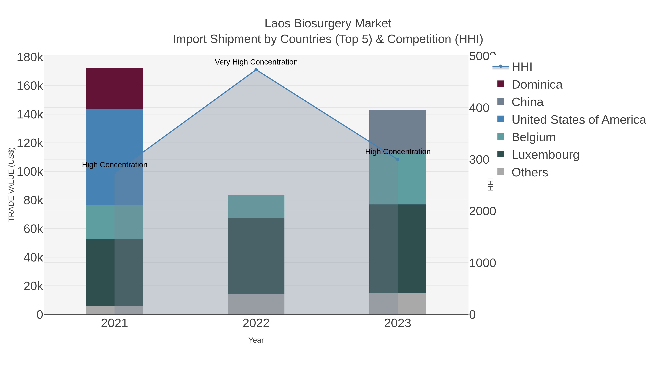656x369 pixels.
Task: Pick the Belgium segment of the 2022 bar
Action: pyautogui.click(x=256, y=206)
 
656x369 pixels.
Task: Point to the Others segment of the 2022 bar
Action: pyautogui.click(x=256, y=304)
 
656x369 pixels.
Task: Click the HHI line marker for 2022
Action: pyautogui.click(x=256, y=70)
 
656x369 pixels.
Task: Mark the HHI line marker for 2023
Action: pyautogui.click(x=398, y=159)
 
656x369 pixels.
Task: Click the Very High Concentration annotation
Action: pyautogui.click(x=256, y=62)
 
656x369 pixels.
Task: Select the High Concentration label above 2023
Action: pyautogui.click(x=398, y=152)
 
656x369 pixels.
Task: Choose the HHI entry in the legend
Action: pyautogui.click(x=522, y=67)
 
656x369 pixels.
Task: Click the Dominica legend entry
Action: pyautogui.click(x=537, y=85)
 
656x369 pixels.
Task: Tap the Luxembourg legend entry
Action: pyautogui.click(x=545, y=155)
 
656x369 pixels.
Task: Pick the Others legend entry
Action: pyautogui.click(x=530, y=172)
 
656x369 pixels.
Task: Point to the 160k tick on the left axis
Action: pyautogui.click(x=30, y=86)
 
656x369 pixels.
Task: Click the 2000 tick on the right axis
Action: pyautogui.click(x=482, y=211)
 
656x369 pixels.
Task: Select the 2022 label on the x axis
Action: pyautogui.click(x=256, y=323)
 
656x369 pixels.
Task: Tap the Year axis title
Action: pyautogui.click(x=256, y=340)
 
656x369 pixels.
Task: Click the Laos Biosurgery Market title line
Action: pyautogui.click(x=328, y=24)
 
